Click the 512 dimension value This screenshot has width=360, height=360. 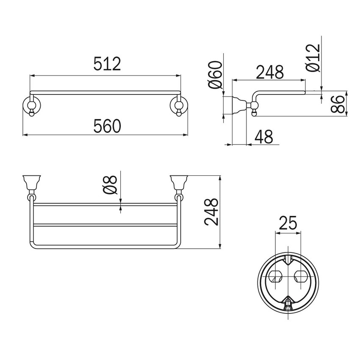107,64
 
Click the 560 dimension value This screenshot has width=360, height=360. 107,126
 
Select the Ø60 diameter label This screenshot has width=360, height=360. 216,75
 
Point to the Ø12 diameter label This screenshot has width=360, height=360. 313,58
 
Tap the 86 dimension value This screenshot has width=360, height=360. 338,104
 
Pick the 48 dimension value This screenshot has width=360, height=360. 264,137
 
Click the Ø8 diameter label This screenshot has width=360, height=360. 111,185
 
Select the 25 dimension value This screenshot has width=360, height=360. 288,222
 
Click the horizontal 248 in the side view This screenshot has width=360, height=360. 270,72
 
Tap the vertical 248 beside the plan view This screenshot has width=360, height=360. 211,212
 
